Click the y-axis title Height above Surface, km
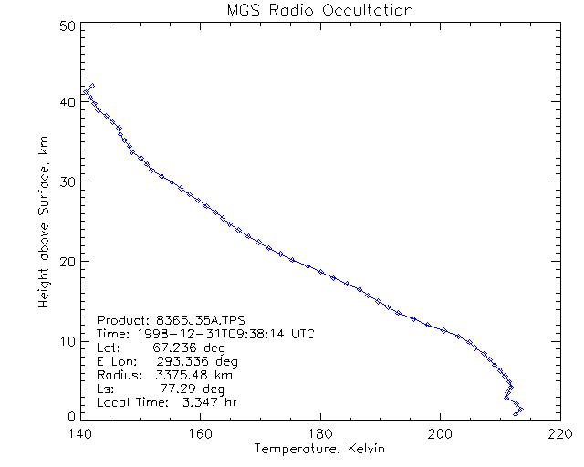coord(43,219)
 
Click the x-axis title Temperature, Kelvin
coord(319,449)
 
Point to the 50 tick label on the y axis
coord(65,26)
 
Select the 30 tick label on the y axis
coord(65,182)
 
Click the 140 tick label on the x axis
coord(79,433)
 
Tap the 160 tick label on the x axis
coord(199,433)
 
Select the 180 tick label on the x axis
coord(319,433)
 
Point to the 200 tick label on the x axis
coord(440,433)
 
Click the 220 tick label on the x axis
coord(559,433)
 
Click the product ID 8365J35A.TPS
coord(189,320)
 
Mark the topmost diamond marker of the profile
coord(92,86)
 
